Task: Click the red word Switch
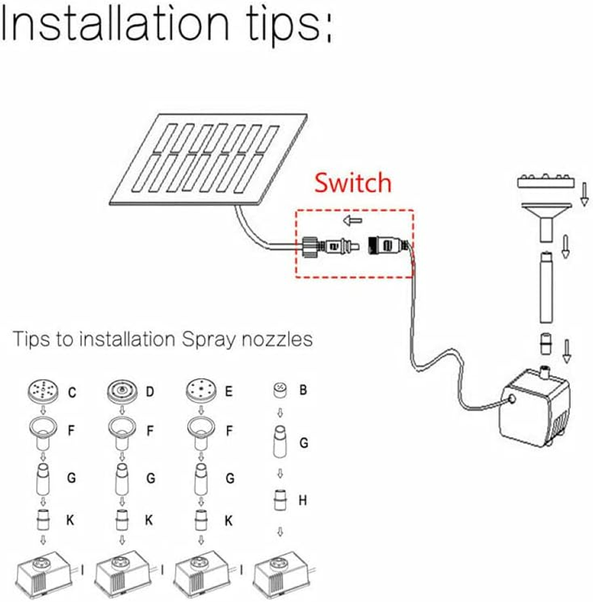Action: point(352,182)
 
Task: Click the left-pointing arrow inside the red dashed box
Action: point(354,221)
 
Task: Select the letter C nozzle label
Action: point(72,392)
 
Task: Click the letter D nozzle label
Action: point(150,392)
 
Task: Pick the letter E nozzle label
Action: point(229,392)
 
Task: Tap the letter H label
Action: point(302,501)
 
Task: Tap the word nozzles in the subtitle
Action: point(276,340)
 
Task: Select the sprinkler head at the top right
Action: point(544,181)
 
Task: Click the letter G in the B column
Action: point(303,443)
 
